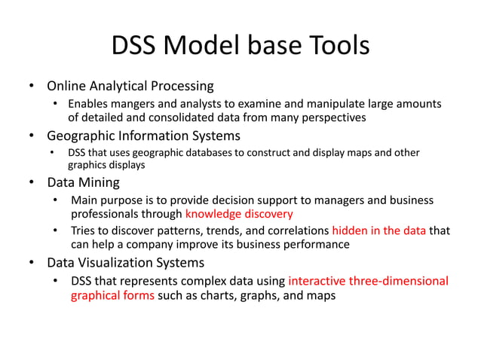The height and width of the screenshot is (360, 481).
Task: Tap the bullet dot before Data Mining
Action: (x=32, y=182)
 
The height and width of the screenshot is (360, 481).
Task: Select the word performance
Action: (x=317, y=245)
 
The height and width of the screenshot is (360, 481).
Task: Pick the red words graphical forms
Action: (x=112, y=295)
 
